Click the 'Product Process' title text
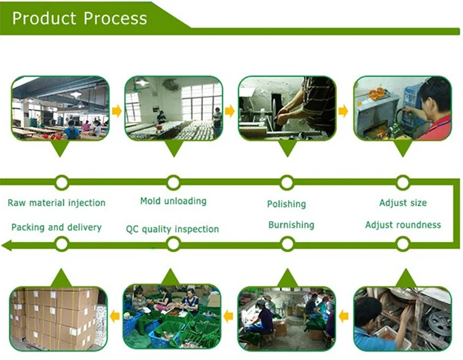[x=80, y=18]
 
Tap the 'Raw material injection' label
[x=56, y=203]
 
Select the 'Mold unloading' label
[x=173, y=201]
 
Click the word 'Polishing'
[x=286, y=204]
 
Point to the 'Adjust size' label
[x=403, y=203]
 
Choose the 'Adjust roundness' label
[x=403, y=225]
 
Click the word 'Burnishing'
[x=291, y=225]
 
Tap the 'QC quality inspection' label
[x=172, y=229]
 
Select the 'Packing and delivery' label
[x=56, y=227]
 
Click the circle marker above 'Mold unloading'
[x=173, y=182]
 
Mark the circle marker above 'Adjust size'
[x=403, y=182]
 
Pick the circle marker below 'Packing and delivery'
[x=61, y=244]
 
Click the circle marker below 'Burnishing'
[x=287, y=244]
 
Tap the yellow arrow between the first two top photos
[x=117, y=111]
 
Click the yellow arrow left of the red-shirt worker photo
[x=344, y=111]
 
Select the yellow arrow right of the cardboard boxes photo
[x=115, y=317]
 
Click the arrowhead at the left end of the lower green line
[x=6, y=245]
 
